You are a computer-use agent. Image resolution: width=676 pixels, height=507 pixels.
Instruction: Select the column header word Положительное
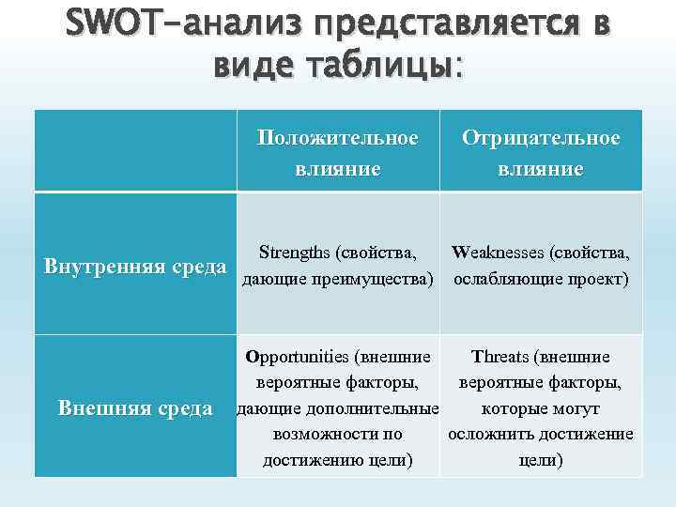pyautogui.click(x=338, y=138)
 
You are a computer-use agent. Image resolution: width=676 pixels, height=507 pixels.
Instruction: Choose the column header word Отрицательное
pyautogui.click(x=541, y=138)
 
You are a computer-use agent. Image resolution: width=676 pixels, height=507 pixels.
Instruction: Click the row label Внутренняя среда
pyautogui.click(x=136, y=266)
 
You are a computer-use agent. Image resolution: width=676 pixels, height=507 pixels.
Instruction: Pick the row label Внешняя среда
pyautogui.click(x=135, y=408)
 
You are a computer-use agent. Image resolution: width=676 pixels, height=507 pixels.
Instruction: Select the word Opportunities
pyautogui.click(x=296, y=357)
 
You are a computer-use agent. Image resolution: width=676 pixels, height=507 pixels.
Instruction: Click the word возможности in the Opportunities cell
pyautogui.click(x=325, y=435)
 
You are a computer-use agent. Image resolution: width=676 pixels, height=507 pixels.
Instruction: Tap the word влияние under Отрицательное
pyautogui.click(x=541, y=169)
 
